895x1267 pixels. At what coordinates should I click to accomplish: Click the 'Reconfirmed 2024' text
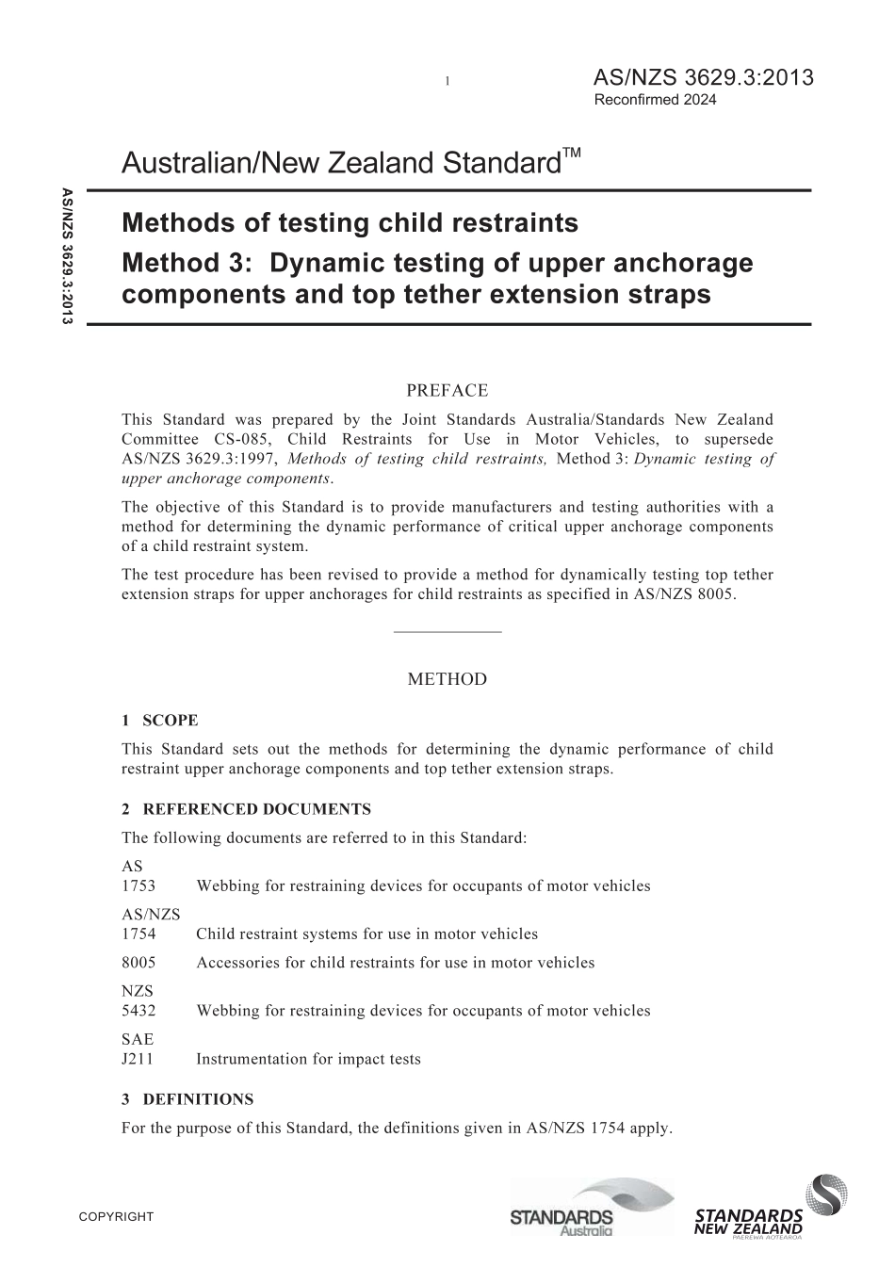tap(655, 100)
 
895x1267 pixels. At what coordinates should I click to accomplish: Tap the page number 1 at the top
tap(447, 82)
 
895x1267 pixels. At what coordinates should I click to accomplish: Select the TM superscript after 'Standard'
tap(572, 153)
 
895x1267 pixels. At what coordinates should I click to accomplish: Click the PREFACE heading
tap(447, 391)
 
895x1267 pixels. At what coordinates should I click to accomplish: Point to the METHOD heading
tap(447, 679)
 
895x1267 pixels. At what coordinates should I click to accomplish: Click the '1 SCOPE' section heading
tap(160, 721)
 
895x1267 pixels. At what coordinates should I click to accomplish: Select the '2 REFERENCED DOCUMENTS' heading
tap(246, 809)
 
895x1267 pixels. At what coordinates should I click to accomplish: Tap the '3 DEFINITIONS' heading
tap(187, 1099)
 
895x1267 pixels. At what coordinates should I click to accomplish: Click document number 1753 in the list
tap(138, 886)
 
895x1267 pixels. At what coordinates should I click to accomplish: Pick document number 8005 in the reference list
tap(138, 963)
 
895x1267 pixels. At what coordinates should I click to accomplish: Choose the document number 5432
tap(138, 1011)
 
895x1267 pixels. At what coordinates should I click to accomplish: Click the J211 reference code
tap(138, 1059)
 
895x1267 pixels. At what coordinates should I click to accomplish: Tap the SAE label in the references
tap(137, 1040)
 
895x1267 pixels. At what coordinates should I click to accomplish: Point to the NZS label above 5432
tap(137, 991)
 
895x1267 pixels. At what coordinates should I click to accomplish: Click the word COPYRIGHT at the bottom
tap(116, 1217)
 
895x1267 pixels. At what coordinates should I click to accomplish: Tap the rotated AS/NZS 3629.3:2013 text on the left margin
tap(67, 257)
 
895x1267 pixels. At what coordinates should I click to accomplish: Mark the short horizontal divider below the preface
tap(447, 631)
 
